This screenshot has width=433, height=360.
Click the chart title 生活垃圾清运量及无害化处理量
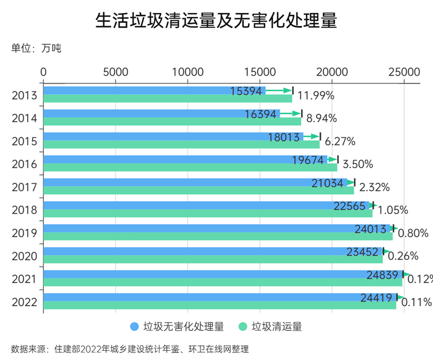click(216, 21)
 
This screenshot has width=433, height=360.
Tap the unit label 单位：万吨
click(36, 49)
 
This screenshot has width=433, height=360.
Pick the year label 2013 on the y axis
click(25, 95)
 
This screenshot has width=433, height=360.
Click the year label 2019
click(25, 233)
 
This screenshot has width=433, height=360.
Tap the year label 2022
click(25, 302)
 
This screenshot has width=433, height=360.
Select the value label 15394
click(246, 91)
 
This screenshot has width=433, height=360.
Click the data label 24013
click(370, 229)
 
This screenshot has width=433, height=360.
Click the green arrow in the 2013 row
click(278, 91)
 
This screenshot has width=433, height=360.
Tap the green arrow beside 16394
click(290, 114)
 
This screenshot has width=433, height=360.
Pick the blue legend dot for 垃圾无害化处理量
click(134, 327)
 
